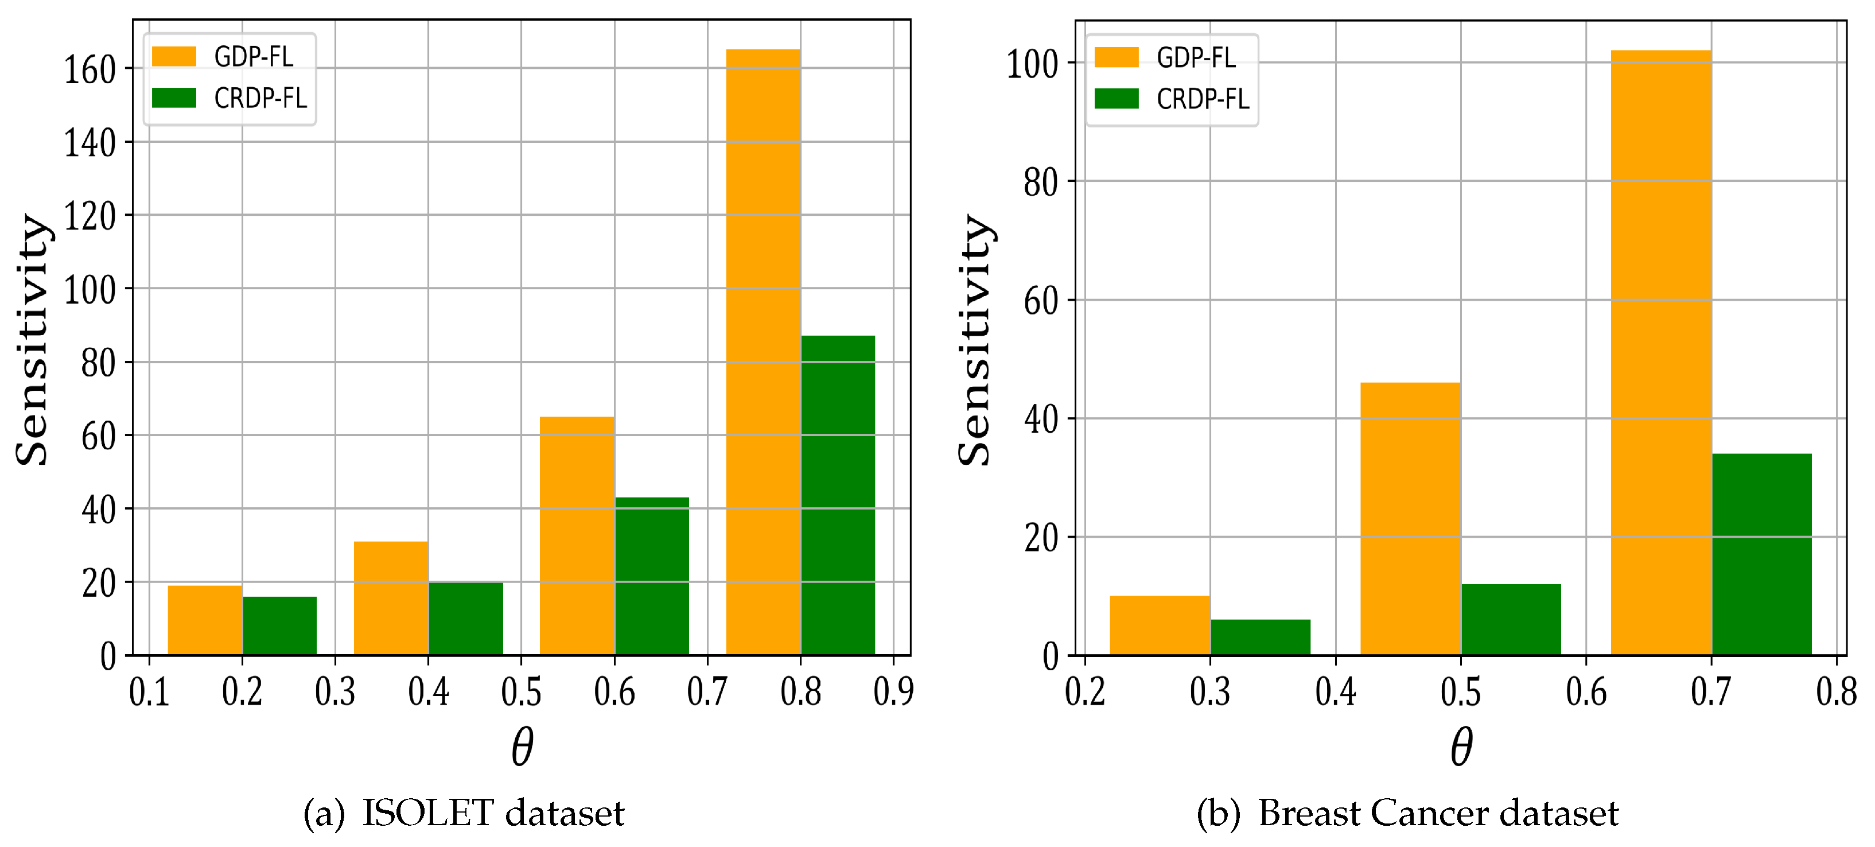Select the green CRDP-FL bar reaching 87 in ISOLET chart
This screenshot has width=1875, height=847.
838,495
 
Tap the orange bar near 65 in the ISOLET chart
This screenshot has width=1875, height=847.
577,535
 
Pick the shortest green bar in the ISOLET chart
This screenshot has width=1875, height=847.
279,625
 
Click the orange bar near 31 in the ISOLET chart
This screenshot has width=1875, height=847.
391,598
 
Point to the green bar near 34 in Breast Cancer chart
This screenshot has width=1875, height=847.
1761,554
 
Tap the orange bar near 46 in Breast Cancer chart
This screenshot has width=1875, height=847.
1410,519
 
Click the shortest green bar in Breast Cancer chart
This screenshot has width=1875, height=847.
1261,637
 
